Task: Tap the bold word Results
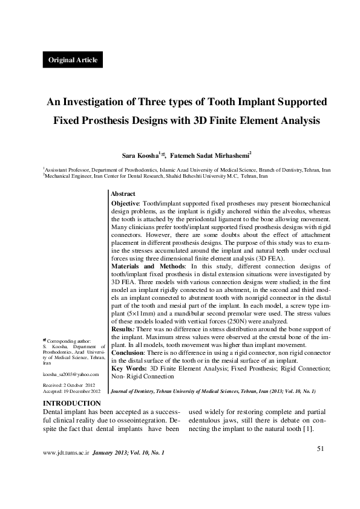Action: point(124,328)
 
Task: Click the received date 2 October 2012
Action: point(81,384)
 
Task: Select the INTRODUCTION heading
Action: point(71,403)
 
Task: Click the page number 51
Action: point(321,448)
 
